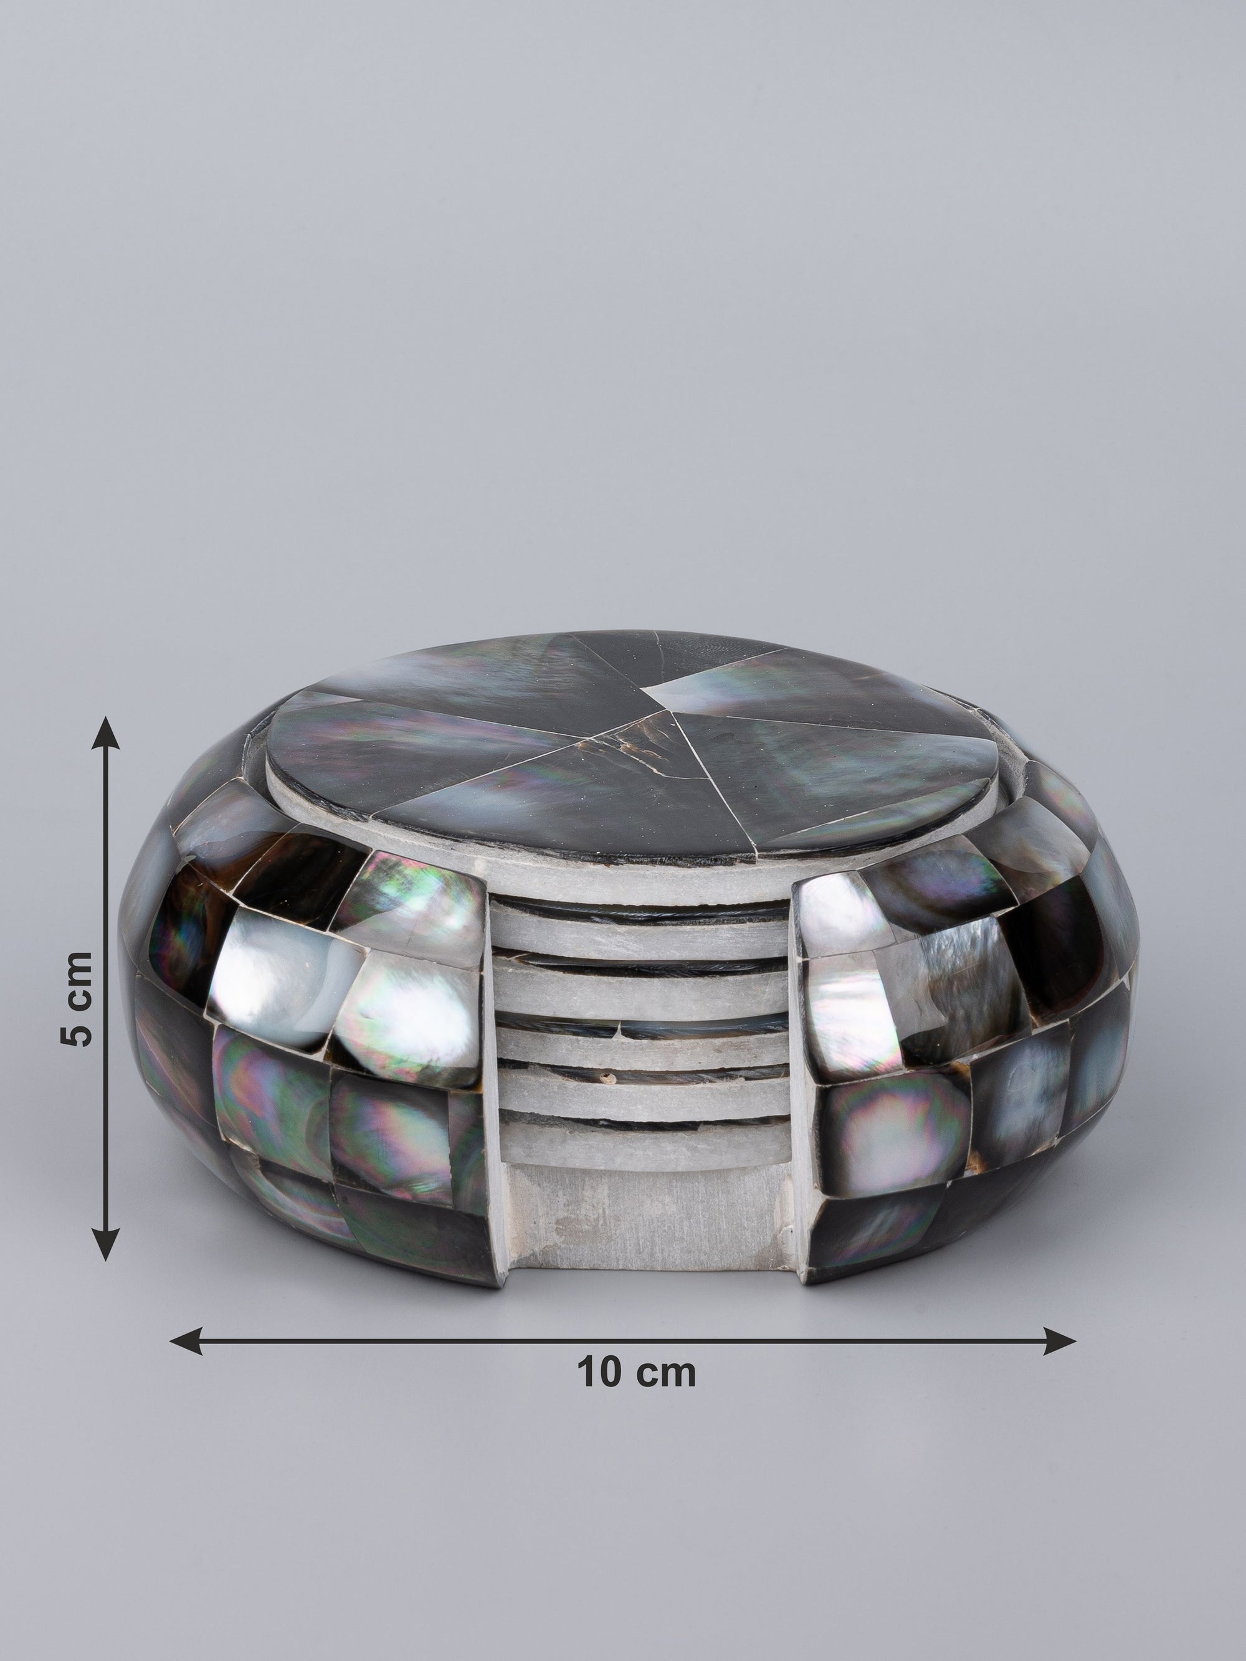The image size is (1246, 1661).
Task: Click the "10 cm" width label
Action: click(636, 1372)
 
